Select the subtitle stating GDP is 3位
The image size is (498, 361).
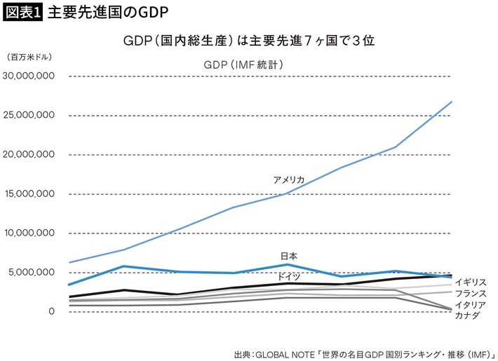click(248, 41)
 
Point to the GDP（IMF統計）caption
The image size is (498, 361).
click(243, 64)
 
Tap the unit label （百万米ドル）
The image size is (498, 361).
click(29, 57)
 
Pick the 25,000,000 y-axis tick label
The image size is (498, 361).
click(30, 115)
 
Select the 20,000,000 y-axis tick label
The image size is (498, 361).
click(30, 154)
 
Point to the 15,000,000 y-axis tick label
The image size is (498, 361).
click(30, 193)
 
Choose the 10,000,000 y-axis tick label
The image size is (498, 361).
click(30, 233)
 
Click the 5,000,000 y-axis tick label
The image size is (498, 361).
click(32, 272)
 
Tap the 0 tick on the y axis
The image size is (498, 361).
click(51, 311)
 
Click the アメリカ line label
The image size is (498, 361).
click(289, 180)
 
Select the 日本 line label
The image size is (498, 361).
click(288, 257)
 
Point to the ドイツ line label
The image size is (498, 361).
click(288, 276)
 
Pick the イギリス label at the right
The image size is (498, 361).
click(471, 282)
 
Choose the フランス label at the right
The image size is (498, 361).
click(471, 294)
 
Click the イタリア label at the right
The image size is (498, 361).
click(471, 305)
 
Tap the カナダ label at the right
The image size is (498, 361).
click(467, 316)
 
